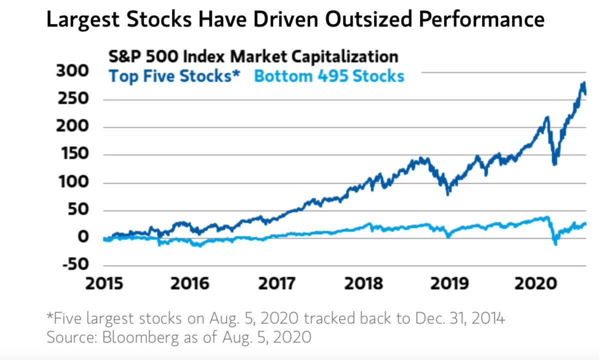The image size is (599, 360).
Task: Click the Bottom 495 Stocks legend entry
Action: (x=329, y=76)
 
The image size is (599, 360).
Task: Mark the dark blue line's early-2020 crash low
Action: (x=554, y=163)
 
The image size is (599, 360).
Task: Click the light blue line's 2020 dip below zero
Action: (x=555, y=243)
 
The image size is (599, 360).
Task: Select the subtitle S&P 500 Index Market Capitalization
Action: (x=253, y=56)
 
